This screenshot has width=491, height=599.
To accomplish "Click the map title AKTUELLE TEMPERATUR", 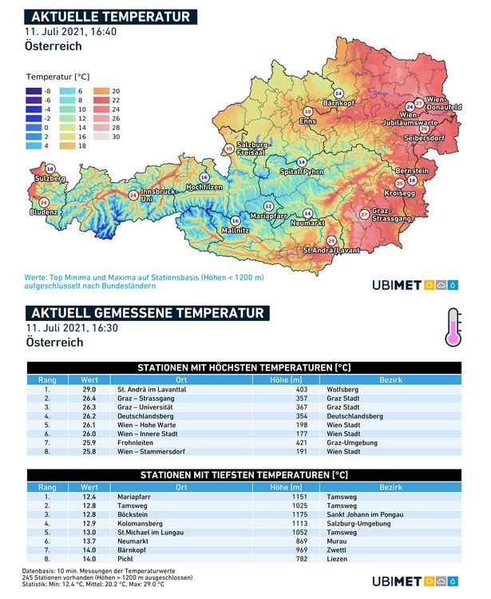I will pos(109,17).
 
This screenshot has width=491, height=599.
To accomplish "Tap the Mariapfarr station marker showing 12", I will pos(268,206).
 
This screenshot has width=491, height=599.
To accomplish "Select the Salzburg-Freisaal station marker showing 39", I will pos(230,149).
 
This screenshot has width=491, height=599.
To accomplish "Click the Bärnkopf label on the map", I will pos(339,103).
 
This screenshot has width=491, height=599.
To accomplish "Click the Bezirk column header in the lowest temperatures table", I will pos(390,486).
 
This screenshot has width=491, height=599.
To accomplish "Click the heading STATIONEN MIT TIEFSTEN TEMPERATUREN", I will pos(244,474).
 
